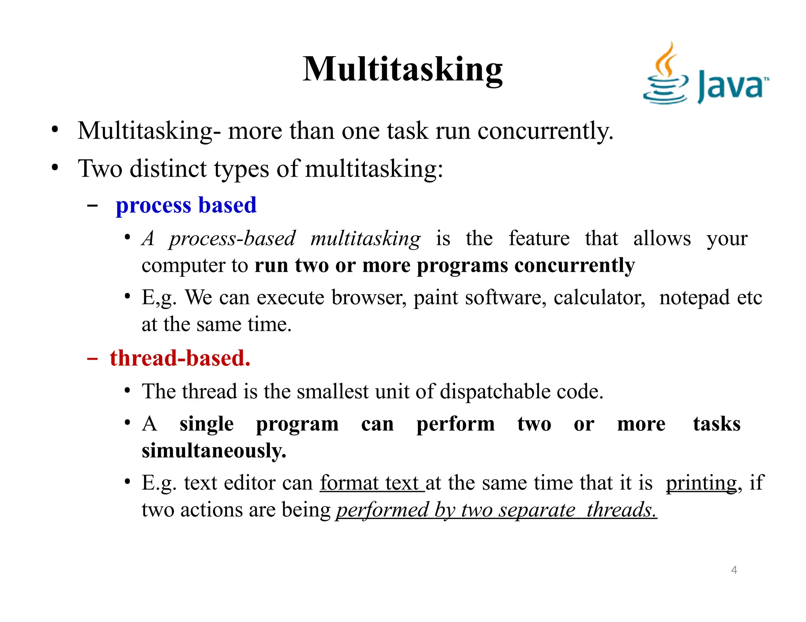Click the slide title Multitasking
pyautogui.click(x=402, y=69)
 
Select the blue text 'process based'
pyautogui.click(x=186, y=205)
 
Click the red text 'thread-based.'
pyautogui.click(x=180, y=358)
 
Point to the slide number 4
pyautogui.click(x=734, y=570)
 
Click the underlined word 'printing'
pyautogui.click(x=701, y=483)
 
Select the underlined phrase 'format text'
pyautogui.click(x=371, y=483)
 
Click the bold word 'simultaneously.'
pyautogui.click(x=214, y=451)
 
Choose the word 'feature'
pyautogui.click(x=539, y=238)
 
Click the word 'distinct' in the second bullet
pyautogui.click(x=168, y=169)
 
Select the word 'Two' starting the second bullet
pyautogui.click(x=100, y=169)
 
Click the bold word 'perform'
pyautogui.click(x=455, y=424)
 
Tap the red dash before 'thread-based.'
pyautogui.click(x=92, y=359)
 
